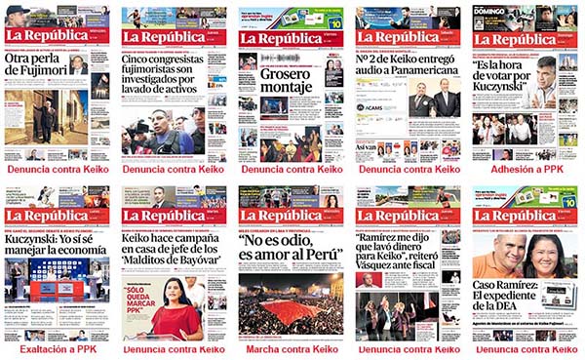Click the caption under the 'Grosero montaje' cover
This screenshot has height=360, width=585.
click(290, 169)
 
